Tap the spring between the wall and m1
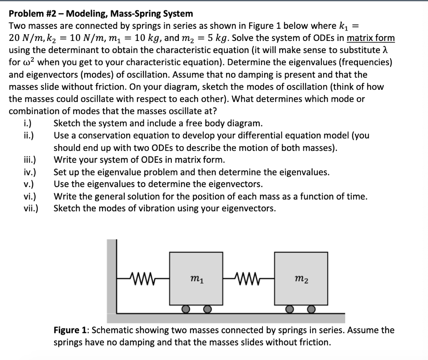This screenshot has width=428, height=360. click(x=143, y=277)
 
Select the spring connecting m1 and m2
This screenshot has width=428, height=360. click(x=248, y=277)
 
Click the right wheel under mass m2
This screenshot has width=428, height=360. click(x=311, y=309)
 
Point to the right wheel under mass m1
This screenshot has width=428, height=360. click(x=206, y=309)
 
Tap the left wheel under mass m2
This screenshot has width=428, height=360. click(x=289, y=309)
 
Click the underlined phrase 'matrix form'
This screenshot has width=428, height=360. click(x=371, y=38)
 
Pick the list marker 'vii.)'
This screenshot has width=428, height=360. click(x=31, y=208)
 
